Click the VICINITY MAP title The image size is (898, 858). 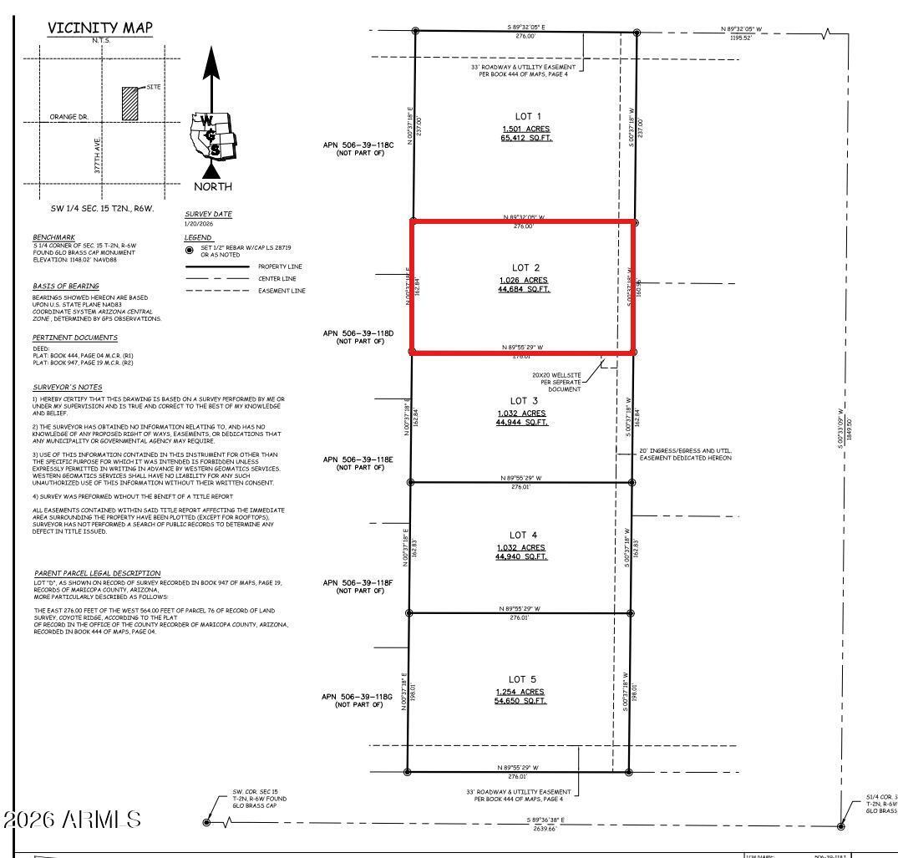pyautogui.click(x=100, y=28)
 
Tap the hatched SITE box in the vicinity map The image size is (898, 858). pyautogui.click(x=129, y=104)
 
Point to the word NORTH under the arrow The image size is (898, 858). pyautogui.click(x=213, y=186)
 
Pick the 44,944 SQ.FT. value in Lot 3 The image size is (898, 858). pyautogui.click(x=522, y=423)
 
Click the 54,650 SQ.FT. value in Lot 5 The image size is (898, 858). pyautogui.click(x=520, y=701)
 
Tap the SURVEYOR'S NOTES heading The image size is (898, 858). pyautogui.click(x=67, y=388)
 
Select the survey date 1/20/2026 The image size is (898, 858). pyautogui.click(x=199, y=224)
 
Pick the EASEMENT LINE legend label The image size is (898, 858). pyautogui.click(x=282, y=290)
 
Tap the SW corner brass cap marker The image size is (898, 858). pyautogui.click(x=206, y=822)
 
